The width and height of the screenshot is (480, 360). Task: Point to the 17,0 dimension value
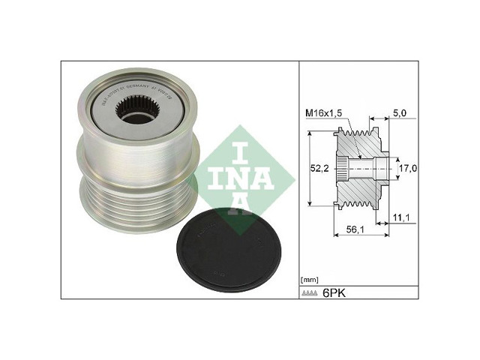coord(407,169)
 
